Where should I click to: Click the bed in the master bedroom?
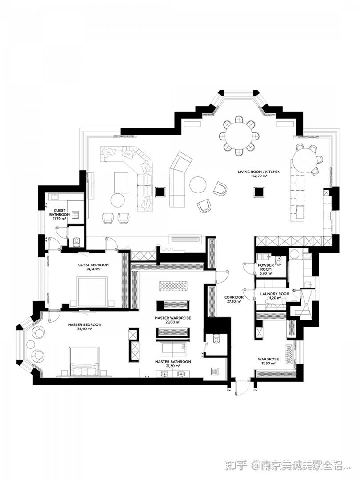[x=84, y=361]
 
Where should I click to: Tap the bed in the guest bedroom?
[x=92, y=291]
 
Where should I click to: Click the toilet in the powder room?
[x=278, y=261]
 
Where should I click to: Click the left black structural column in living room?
[x=160, y=192]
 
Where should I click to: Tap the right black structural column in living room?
[x=259, y=192]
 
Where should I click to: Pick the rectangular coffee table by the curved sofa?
[x=121, y=183]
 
